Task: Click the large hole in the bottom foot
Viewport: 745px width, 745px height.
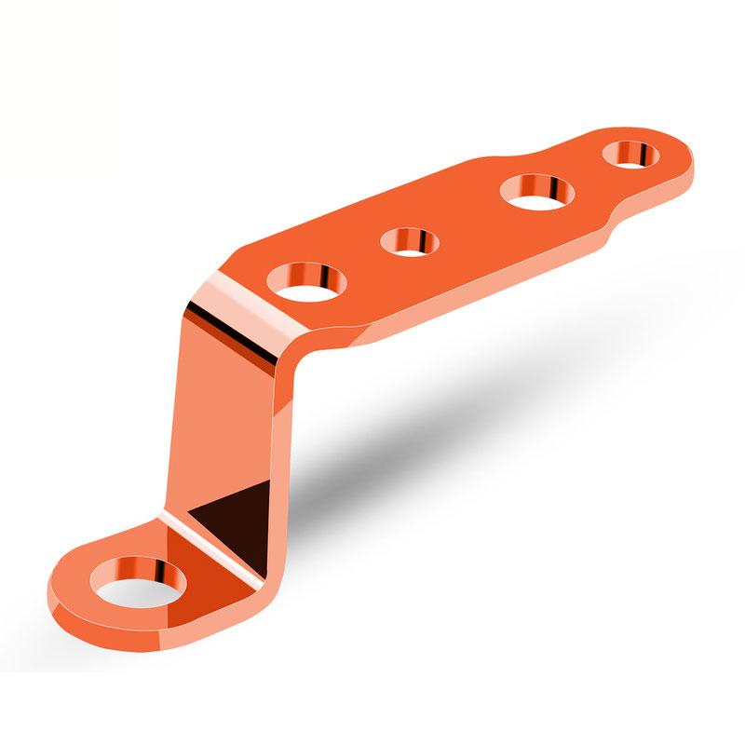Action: tap(137, 582)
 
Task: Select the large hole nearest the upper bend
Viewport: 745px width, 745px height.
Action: tap(306, 280)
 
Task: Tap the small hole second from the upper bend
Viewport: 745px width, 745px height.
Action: tap(411, 242)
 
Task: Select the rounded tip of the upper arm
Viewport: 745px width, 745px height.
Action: tap(684, 158)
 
